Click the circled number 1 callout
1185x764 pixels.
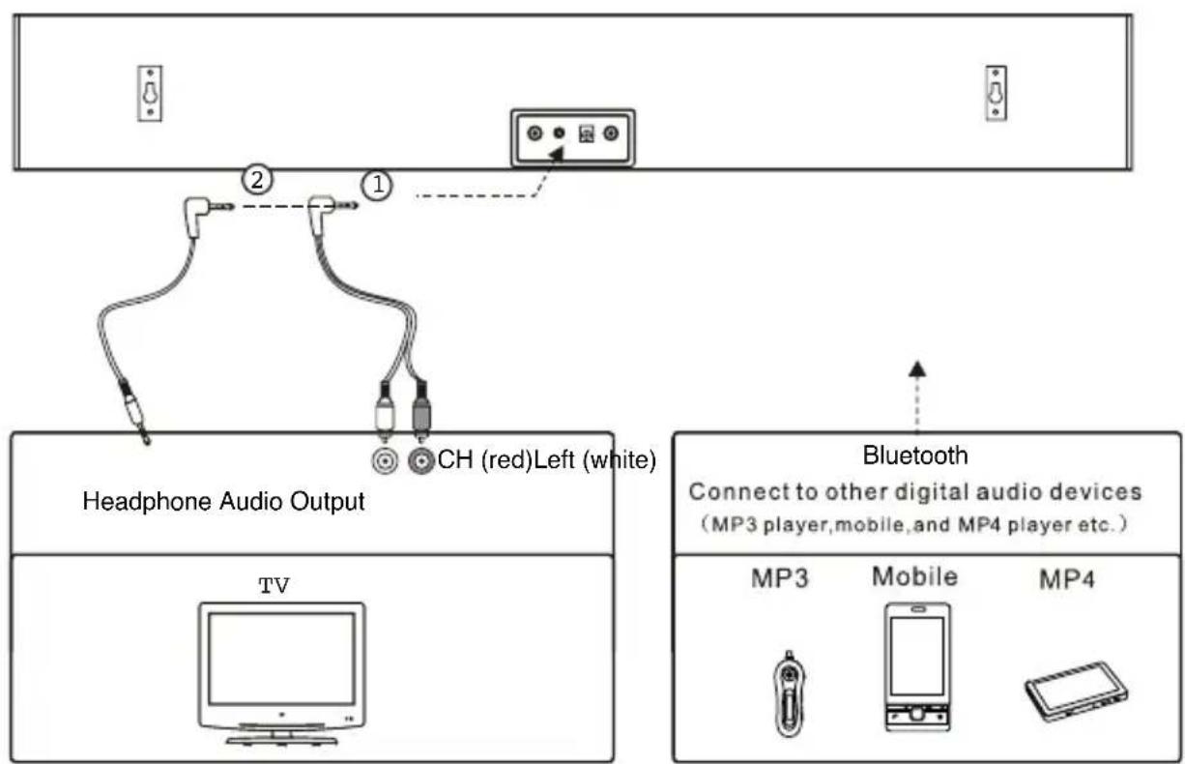(377, 186)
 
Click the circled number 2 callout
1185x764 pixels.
(258, 179)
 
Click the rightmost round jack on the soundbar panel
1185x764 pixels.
(611, 134)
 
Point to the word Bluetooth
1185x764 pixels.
(914, 455)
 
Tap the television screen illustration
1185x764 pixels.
(281, 658)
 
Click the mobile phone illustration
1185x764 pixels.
(916, 666)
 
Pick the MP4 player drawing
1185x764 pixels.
(1076, 687)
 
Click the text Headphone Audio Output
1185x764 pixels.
(223, 502)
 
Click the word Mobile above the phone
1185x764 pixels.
(914, 576)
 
